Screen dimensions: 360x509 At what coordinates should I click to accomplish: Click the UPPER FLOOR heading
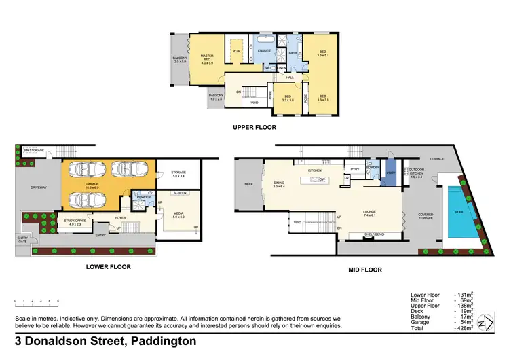[254, 127]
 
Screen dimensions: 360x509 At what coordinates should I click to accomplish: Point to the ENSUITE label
[265, 50]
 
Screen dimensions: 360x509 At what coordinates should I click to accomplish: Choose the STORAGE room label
[178, 173]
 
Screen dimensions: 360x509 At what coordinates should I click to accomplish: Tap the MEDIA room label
[178, 215]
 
